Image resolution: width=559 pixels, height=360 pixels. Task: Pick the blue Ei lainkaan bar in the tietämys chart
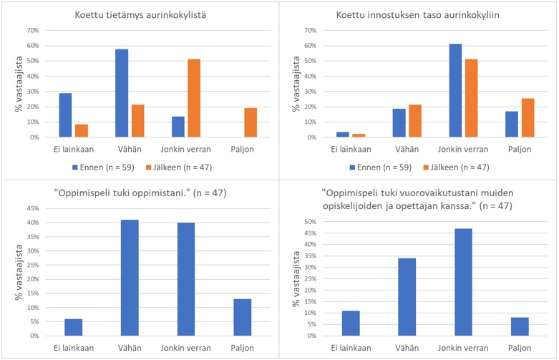(66, 115)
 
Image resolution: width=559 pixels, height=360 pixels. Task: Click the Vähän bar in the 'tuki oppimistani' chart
(129, 278)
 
